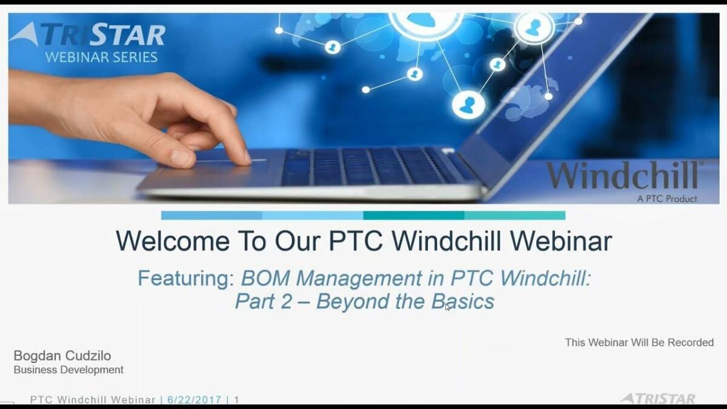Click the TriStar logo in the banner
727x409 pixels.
88,34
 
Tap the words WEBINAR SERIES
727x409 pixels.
101,57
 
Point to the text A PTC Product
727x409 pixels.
667,199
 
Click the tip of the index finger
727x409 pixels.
247,160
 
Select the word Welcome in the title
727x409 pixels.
173,241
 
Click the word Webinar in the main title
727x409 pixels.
561,241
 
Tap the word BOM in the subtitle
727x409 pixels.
265,278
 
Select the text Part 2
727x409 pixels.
264,301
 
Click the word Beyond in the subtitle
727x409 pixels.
353,302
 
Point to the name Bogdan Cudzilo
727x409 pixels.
62,356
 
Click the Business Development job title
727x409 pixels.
68,370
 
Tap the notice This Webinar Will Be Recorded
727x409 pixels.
639,342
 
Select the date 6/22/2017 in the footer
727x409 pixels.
194,399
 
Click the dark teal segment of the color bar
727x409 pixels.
414,216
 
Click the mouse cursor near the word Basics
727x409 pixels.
447,307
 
